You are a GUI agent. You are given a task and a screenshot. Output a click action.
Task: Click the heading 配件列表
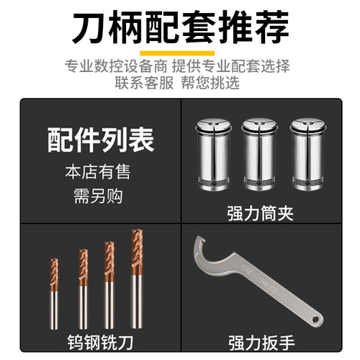coord(101,140)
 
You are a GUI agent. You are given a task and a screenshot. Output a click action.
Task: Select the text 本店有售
coord(101,173)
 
